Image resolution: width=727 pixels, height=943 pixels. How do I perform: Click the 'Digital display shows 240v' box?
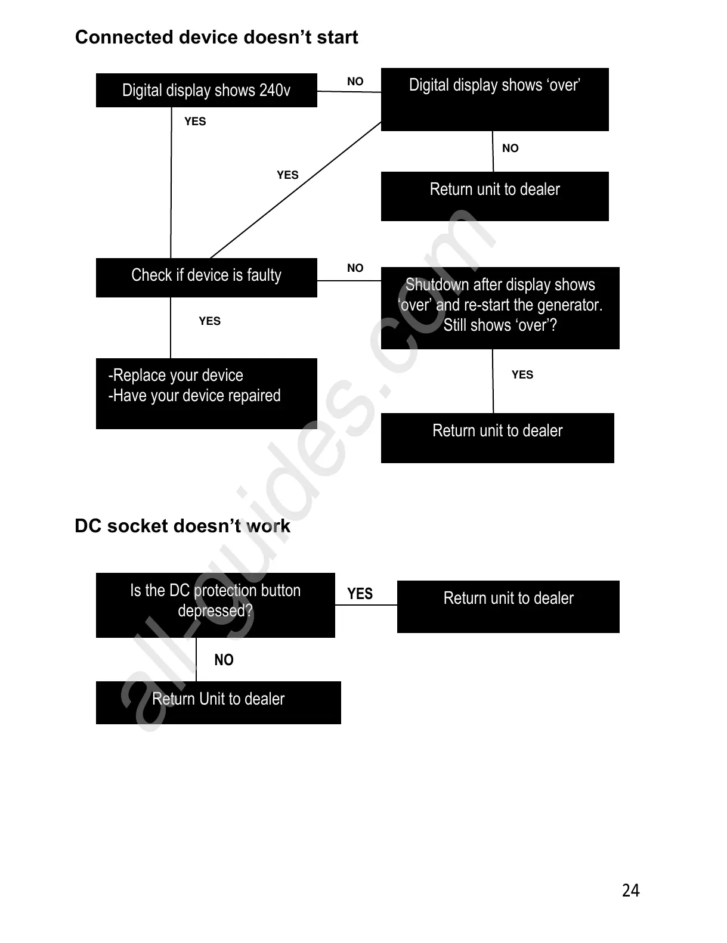pyautogui.click(x=206, y=91)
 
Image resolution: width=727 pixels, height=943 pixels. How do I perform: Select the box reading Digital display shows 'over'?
pyautogui.click(x=494, y=99)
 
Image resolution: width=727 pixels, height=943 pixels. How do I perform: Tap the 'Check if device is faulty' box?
pyautogui.click(x=206, y=277)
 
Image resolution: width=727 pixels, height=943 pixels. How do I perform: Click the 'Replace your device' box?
pyautogui.click(x=206, y=393)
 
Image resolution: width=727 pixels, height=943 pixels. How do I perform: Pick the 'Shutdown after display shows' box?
pyautogui.click(x=500, y=308)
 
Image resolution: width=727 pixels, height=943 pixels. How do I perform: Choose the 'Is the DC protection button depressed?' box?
pyautogui.click(x=215, y=604)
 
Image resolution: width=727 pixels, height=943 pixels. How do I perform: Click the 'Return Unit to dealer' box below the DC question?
pyautogui.click(x=218, y=702)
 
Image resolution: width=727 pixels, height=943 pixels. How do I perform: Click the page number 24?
pyautogui.click(x=630, y=890)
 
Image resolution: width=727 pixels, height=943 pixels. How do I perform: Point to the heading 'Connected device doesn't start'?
pyautogui.click(x=216, y=38)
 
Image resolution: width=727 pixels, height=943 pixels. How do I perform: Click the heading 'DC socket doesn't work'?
pyautogui.click(x=182, y=526)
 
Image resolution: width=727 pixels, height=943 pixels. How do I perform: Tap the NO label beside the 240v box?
pyautogui.click(x=355, y=82)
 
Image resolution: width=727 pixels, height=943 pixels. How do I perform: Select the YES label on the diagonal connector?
pyautogui.click(x=287, y=175)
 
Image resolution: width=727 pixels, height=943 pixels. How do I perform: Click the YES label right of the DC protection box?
pyautogui.click(x=360, y=594)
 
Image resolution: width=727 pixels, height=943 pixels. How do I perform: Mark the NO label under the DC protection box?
pyautogui.click(x=224, y=660)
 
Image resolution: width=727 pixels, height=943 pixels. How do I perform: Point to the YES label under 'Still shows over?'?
pyautogui.click(x=522, y=375)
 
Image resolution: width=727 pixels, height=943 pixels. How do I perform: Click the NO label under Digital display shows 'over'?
pyautogui.click(x=511, y=148)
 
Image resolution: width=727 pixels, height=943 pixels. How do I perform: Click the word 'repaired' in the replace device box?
pyautogui.click(x=256, y=396)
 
